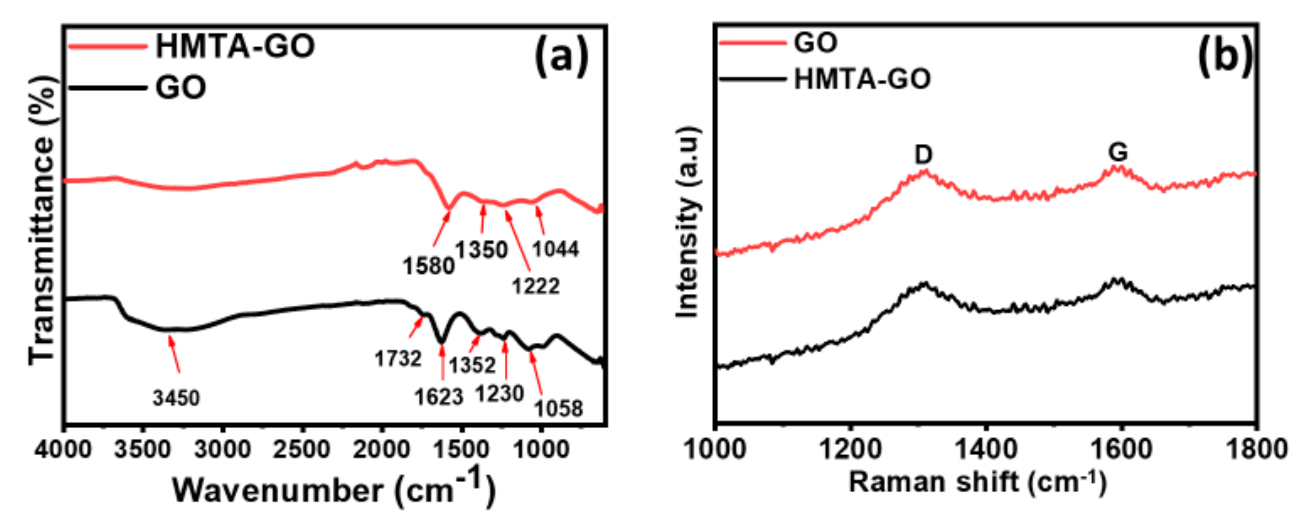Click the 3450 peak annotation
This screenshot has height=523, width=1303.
point(176,398)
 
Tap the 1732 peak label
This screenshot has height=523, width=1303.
point(398,359)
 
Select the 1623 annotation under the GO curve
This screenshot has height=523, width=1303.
point(439,397)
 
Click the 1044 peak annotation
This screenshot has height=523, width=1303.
point(556,249)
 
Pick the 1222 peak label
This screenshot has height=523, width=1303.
point(536,286)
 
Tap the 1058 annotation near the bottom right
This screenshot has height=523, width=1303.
point(559,408)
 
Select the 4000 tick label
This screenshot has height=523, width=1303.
point(63,450)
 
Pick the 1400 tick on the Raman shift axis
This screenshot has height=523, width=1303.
point(986,450)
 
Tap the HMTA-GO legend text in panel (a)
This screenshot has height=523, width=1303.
point(235,46)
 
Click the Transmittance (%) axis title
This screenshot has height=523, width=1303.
point(41,220)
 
